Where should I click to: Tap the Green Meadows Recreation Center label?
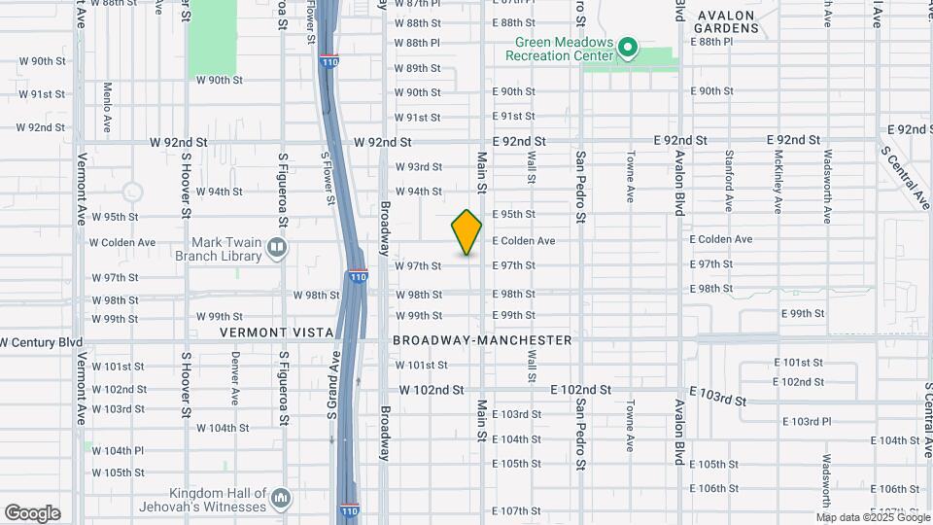(x=563, y=48)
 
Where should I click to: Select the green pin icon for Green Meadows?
(x=628, y=47)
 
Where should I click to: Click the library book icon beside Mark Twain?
(x=277, y=249)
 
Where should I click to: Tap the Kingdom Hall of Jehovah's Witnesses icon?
(x=281, y=498)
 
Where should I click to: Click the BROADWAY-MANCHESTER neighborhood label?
(x=482, y=340)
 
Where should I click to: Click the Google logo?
(x=32, y=513)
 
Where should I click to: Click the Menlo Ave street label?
(x=108, y=107)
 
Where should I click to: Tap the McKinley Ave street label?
(x=778, y=181)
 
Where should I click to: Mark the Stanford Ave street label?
(x=728, y=181)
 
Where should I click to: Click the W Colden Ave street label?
(x=122, y=242)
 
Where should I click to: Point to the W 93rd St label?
(x=418, y=166)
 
